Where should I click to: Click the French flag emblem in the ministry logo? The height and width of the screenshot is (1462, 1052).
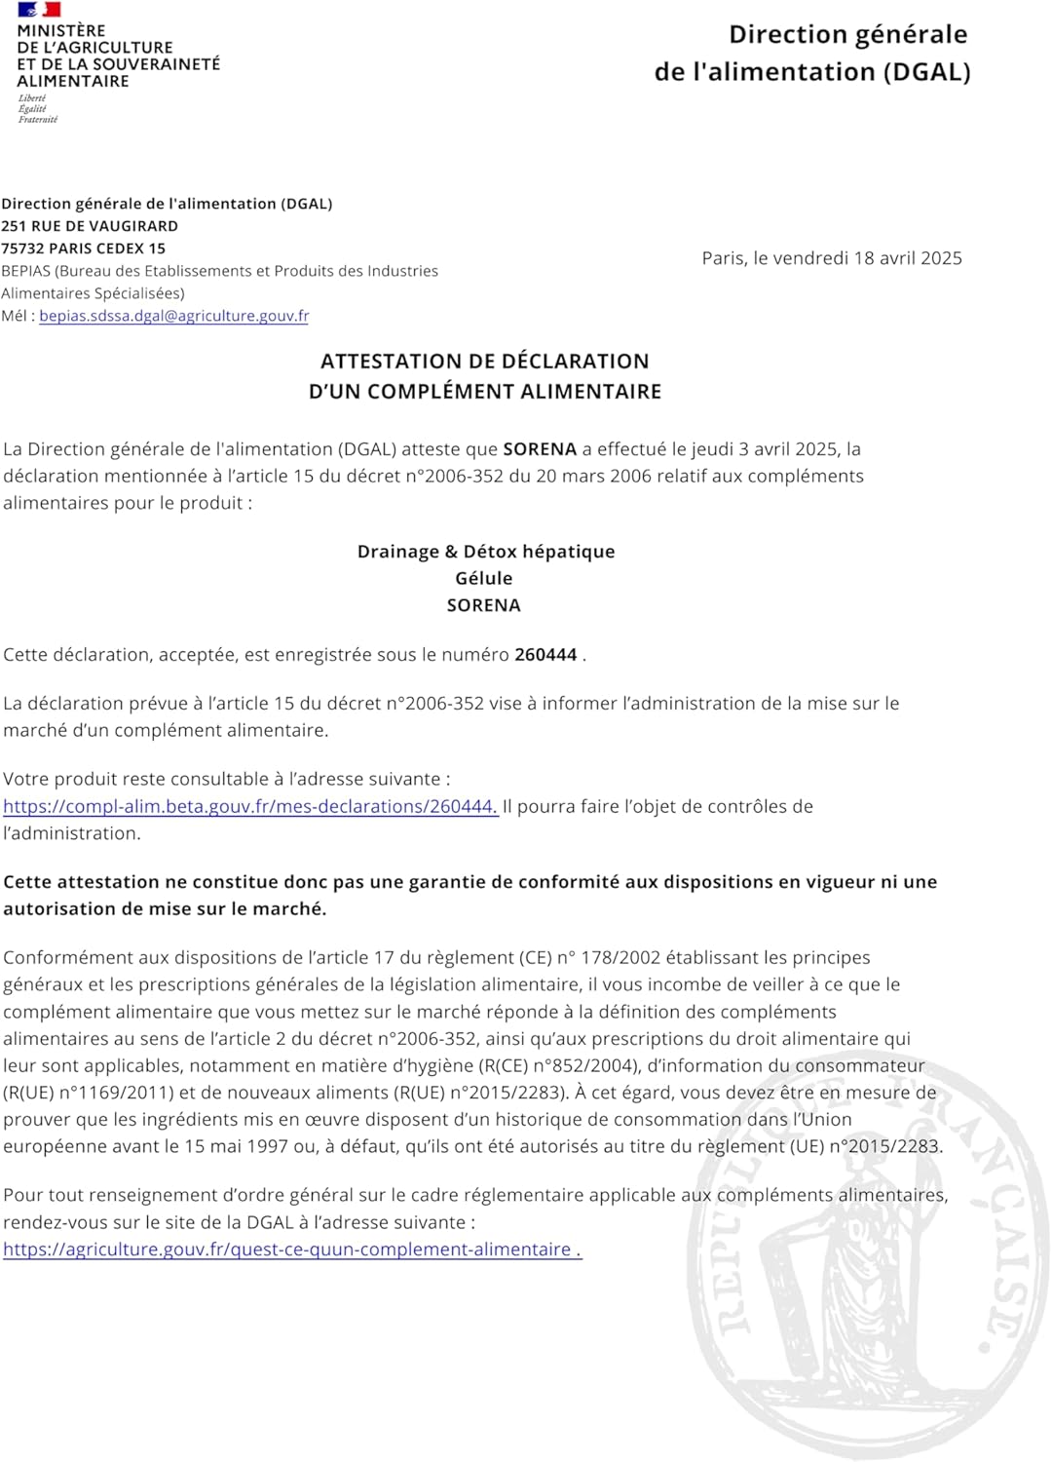pyautogui.click(x=39, y=10)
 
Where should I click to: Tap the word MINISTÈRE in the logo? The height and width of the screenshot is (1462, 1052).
pyautogui.click(x=61, y=30)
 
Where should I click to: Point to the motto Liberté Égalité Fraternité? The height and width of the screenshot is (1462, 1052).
pyautogui.click(x=37, y=109)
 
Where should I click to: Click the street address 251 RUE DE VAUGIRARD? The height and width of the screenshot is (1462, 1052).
pyautogui.click(x=90, y=226)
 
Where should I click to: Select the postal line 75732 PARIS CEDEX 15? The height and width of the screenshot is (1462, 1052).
pyautogui.click(x=84, y=249)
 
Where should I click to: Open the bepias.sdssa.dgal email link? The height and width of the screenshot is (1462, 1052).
pyautogui.click(x=173, y=316)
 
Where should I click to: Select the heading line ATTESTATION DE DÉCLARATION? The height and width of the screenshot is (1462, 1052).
pyautogui.click(x=484, y=362)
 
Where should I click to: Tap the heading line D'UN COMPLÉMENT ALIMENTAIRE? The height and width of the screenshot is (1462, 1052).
pyautogui.click(x=484, y=392)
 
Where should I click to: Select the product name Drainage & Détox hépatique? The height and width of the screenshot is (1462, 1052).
pyautogui.click(x=485, y=552)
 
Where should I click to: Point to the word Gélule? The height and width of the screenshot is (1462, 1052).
pyautogui.click(x=483, y=579)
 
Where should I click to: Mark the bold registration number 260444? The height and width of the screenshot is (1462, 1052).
pyautogui.click(x=545, y=655)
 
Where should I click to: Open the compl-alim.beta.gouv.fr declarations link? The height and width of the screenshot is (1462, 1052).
pyautogui.click(x=250, y=807)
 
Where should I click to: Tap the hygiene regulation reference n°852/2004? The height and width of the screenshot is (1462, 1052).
pyautogui.click(x=583, y=1066)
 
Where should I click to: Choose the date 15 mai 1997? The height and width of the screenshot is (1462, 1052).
pyautogui.click(x=233, y=1147)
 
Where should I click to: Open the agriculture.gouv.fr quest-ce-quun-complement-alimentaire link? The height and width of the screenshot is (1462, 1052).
pyautogui.click(x=291, y=1250)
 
